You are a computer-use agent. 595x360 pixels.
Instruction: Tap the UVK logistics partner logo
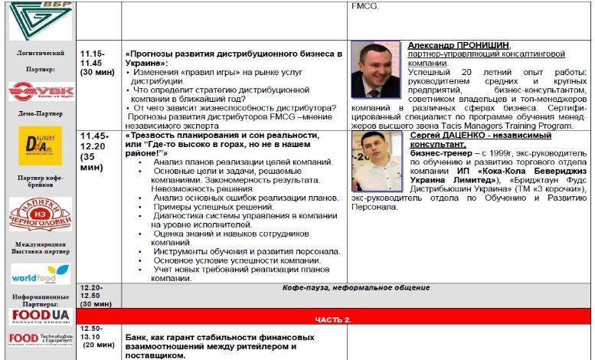40,91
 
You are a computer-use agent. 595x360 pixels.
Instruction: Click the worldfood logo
40,273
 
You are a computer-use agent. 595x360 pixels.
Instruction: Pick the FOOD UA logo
40,316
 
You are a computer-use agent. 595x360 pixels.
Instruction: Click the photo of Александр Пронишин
375,67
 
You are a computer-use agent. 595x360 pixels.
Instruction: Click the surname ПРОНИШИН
482,45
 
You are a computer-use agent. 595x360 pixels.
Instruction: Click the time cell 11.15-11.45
97,61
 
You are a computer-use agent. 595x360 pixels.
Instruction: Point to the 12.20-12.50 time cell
97,296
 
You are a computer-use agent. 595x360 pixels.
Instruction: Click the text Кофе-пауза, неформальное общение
356,288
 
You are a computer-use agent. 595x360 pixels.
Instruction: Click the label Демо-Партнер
40,113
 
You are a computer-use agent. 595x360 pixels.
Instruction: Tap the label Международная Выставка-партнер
40,248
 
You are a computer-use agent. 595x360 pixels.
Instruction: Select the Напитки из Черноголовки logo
40,214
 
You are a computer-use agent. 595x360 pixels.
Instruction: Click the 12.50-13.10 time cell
97,336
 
